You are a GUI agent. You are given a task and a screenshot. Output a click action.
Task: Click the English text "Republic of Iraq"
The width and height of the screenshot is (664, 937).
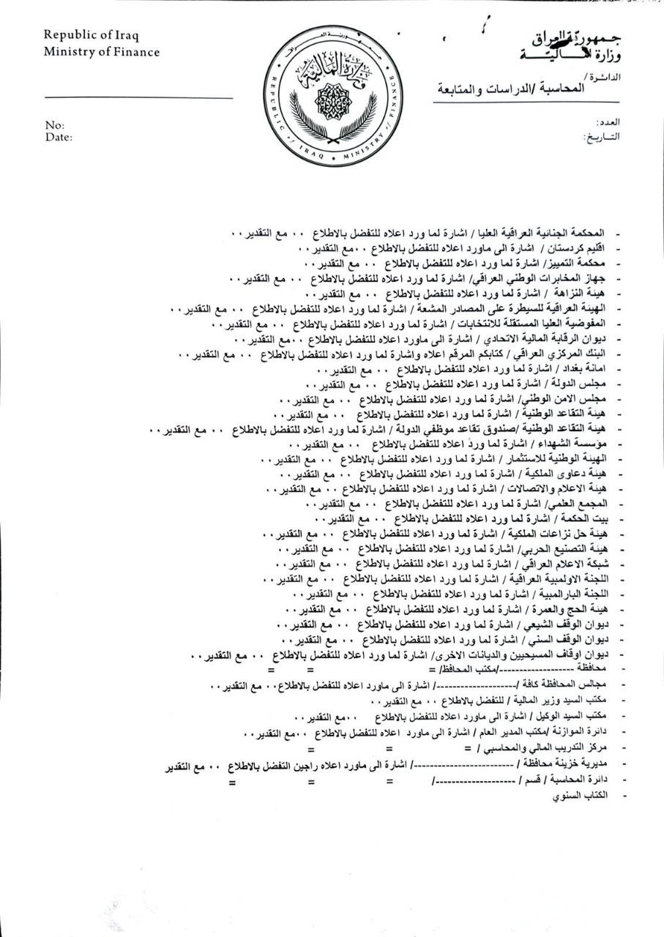91,35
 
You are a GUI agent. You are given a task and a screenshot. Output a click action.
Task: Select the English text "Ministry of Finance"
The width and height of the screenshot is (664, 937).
101,51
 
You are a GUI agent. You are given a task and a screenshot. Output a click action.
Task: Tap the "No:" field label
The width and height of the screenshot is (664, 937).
54,125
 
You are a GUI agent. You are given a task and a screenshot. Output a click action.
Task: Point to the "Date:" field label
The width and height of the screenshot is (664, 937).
59,136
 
